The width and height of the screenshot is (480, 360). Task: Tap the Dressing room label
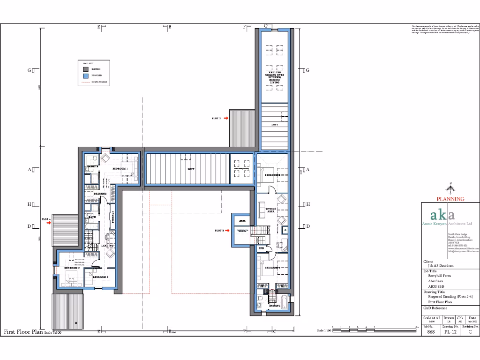pos(100,194)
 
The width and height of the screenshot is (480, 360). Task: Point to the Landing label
pos(107,245)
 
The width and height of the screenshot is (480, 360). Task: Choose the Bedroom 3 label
pos(100,277)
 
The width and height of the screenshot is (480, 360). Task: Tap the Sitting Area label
pos(271,210)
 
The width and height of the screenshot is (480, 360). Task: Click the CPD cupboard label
pos(262,248)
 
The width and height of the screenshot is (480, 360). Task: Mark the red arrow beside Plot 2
pos(225,119)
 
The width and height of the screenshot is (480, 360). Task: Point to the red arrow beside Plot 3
pos(228,231)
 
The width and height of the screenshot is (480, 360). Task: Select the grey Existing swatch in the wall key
pos(86,69)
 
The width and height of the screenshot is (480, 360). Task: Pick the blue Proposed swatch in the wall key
pos(86,75)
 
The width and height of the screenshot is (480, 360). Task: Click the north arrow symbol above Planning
pos(450,189)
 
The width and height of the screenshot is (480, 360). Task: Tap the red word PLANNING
pos(450,199)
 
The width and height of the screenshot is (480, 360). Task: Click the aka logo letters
pos(442,215)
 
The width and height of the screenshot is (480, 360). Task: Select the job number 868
pos(430,331)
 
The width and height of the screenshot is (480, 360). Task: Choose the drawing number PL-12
pos(450,331)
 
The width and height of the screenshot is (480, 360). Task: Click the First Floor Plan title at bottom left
pos(23,331)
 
